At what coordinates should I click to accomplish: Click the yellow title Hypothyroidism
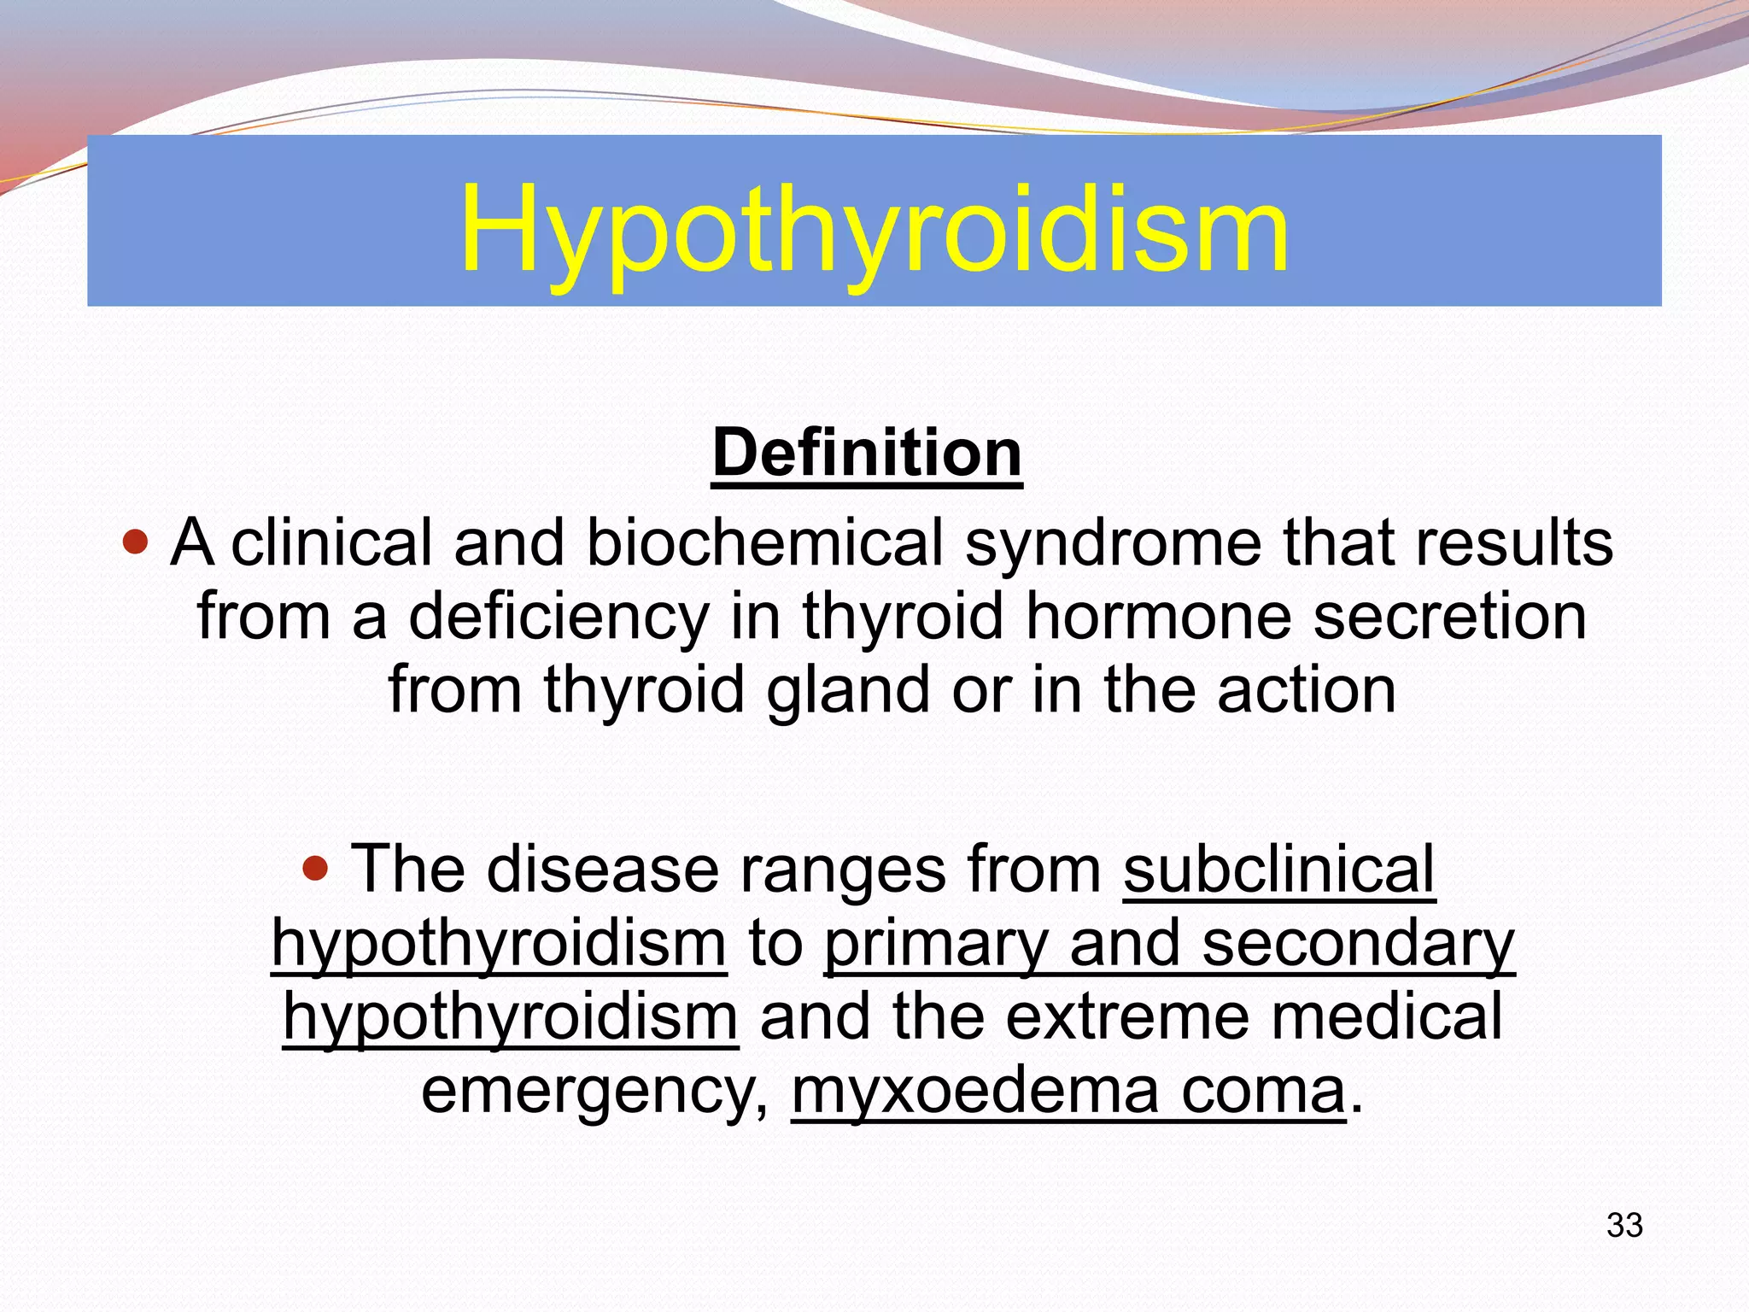(x=874, y=229)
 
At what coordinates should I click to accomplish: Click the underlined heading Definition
(x=867, y=453)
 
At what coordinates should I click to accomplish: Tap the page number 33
(x=1624, y=1225)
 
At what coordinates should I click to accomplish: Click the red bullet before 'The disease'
(x=316, y=869)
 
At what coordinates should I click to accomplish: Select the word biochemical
(x=764, y=543)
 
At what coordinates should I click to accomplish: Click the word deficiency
(x=559, y=617)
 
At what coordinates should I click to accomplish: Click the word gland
(x=845, y=690)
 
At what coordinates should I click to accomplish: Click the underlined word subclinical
(x=1278, y=870)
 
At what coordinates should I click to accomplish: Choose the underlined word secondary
(x=1358, y=943)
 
